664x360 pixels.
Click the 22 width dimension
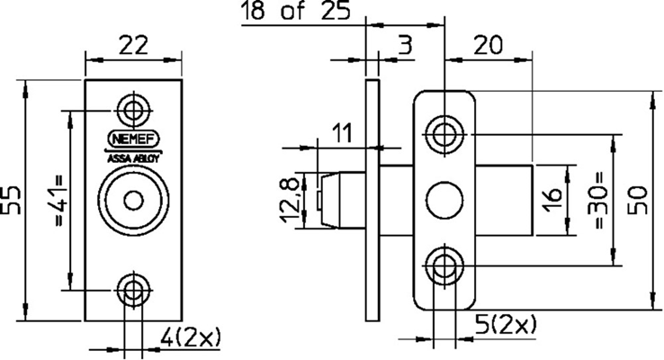133,45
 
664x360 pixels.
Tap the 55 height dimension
12,200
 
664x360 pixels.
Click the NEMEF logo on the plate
133,139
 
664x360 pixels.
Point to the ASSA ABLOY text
133,159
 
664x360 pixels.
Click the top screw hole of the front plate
134,110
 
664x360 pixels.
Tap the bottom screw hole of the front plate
134,290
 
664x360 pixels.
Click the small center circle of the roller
134,201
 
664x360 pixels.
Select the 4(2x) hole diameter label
191,337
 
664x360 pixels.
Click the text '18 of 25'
296,11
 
